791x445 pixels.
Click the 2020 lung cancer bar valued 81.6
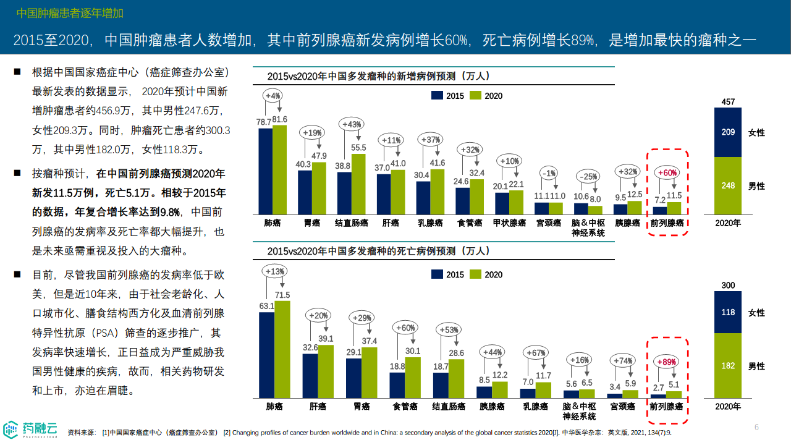[x=279, y=169]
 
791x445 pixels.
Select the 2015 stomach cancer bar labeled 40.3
[x=305, y=192]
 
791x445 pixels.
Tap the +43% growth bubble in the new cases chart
[x=351, y=124]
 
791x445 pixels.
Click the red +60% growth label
[x=667, y=173]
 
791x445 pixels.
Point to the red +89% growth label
[x=667, y=362]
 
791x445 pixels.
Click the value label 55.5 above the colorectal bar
[x=358, y=148]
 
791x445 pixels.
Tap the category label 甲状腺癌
[x=510, y=222]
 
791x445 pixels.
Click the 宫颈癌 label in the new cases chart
[x=549, y=222]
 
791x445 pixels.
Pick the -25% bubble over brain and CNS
[x=588, y=177]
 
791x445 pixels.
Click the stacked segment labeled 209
[x=728, y=132]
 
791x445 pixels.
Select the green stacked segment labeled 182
[x=728, y=365]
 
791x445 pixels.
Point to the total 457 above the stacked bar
[x=728, y=101]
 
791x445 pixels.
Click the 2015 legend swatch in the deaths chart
[x=437, y=274]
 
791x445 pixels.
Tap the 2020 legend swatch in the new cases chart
[x=475, y=96]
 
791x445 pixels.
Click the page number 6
[x=756, y=427]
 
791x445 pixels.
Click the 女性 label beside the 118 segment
[x=756, y=313]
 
